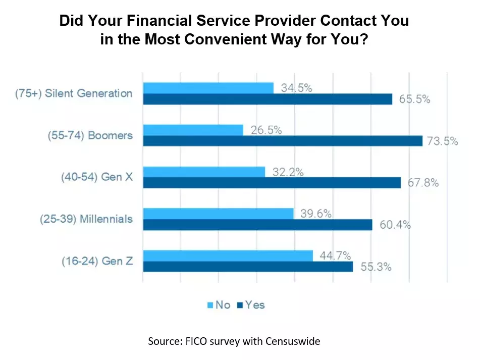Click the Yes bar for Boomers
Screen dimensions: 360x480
283,141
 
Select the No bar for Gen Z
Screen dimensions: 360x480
228,255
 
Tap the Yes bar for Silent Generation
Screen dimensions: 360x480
268,99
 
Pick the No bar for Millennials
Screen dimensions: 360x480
219,214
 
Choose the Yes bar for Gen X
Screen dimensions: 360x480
272,182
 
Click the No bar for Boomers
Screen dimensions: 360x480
193,130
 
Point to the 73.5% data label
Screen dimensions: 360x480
442,141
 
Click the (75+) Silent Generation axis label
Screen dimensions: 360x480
89,93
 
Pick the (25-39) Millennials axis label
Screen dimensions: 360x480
86,219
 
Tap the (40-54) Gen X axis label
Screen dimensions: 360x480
96,177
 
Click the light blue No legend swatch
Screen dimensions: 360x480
210,305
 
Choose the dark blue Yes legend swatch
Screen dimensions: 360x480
240,305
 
